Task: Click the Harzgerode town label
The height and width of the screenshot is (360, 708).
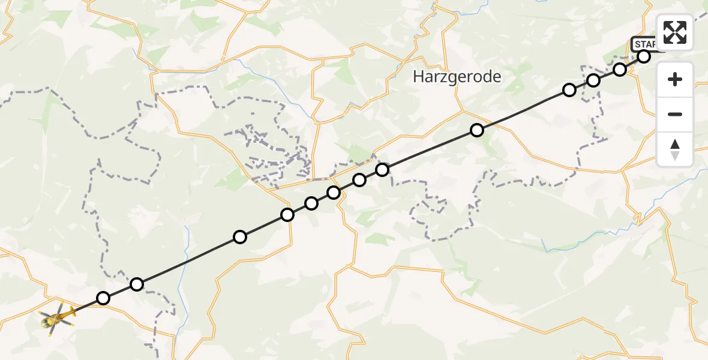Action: [x=457, y=77]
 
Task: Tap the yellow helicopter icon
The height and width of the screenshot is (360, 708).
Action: [x=58, y=316]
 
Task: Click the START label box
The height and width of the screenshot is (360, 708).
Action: [x=644, y=44]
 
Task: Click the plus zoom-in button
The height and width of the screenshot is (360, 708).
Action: [x=675, y=79]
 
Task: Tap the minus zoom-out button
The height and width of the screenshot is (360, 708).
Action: [x=675, y=114]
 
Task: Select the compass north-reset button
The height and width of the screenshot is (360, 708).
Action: [x=675, y=149]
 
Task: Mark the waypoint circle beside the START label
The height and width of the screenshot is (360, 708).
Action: [x=644, y=56]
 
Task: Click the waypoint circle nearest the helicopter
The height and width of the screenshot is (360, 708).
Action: [x=103, y=298]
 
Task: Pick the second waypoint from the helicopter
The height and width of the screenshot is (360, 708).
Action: [x=137, y=284]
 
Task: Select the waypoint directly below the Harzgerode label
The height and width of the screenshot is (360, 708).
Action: [x=477, y=130]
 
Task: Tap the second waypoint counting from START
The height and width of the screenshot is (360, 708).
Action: [x=620, y=70]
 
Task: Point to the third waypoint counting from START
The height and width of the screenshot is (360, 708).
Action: [x=593, y=80]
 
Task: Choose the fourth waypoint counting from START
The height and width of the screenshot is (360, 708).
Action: [x=569, y=90]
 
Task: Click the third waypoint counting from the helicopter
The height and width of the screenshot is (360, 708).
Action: [x=240, y=237]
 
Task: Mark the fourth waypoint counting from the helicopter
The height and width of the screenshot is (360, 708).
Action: [x=287, y=215]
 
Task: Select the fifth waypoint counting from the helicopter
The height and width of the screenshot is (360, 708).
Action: [x=311, y=203]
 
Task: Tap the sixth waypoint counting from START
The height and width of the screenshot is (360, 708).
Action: [x=382, y=170]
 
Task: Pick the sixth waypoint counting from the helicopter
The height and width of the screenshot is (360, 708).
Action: [x=334, y=193]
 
